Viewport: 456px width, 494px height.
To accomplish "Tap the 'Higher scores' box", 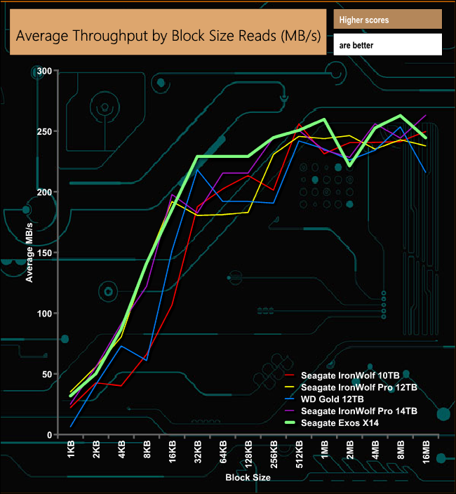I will tap(388, 20).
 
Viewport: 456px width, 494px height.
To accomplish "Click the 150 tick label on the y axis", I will tap(45, 253).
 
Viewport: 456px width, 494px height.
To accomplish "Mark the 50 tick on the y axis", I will tap(47, 375).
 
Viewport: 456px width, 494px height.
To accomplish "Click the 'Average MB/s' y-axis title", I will tap(29, 253).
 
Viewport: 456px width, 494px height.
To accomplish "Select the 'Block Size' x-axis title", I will tap(248, 478).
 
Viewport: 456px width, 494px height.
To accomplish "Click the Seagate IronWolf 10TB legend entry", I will tap(351, 375).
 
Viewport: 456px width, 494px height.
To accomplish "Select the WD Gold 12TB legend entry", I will tap(337, 399).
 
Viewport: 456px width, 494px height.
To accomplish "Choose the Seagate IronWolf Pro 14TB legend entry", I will tap(358, 411).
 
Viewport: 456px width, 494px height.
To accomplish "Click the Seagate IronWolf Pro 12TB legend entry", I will tap(358, 387).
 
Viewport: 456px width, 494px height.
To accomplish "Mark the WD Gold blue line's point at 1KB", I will tap(71, 426).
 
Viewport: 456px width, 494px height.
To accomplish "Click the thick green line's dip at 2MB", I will tap(349, 165).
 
